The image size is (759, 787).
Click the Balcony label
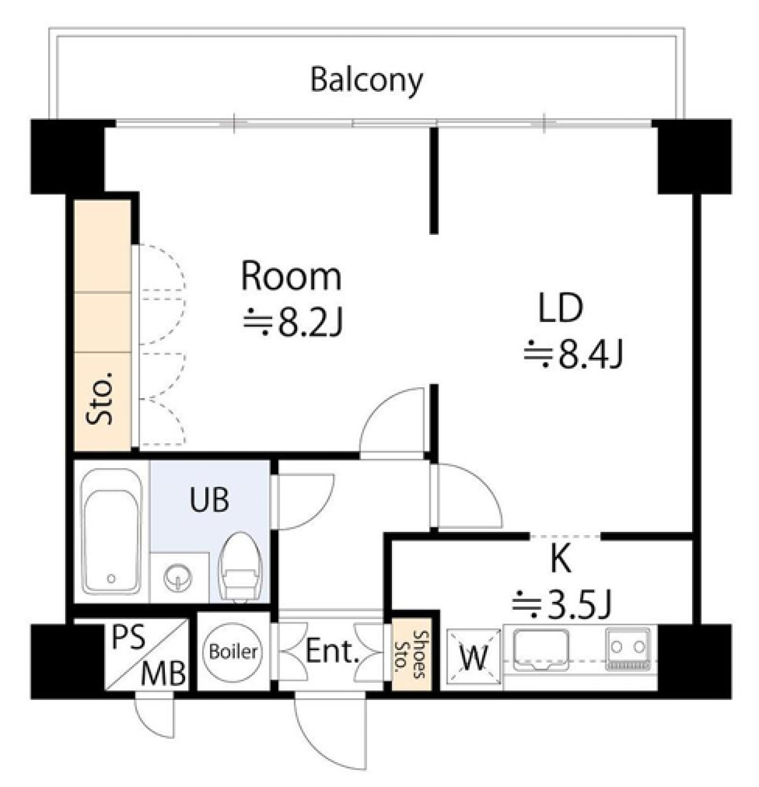[x=366, y=81]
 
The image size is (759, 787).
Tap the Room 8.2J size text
[x=293, y=321]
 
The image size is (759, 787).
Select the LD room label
[x=561, y=308]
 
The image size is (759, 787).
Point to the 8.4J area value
[x=573, y=355]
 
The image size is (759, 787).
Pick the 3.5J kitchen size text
[x=562, y=604]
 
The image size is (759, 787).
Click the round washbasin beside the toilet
[x=178, y=576]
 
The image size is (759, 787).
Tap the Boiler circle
[x=233, y=652]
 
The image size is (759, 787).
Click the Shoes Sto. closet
[x=412, y=654]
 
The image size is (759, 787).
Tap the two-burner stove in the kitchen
[x=627, y=649]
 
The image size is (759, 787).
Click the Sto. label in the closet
[x=100, y=398]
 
